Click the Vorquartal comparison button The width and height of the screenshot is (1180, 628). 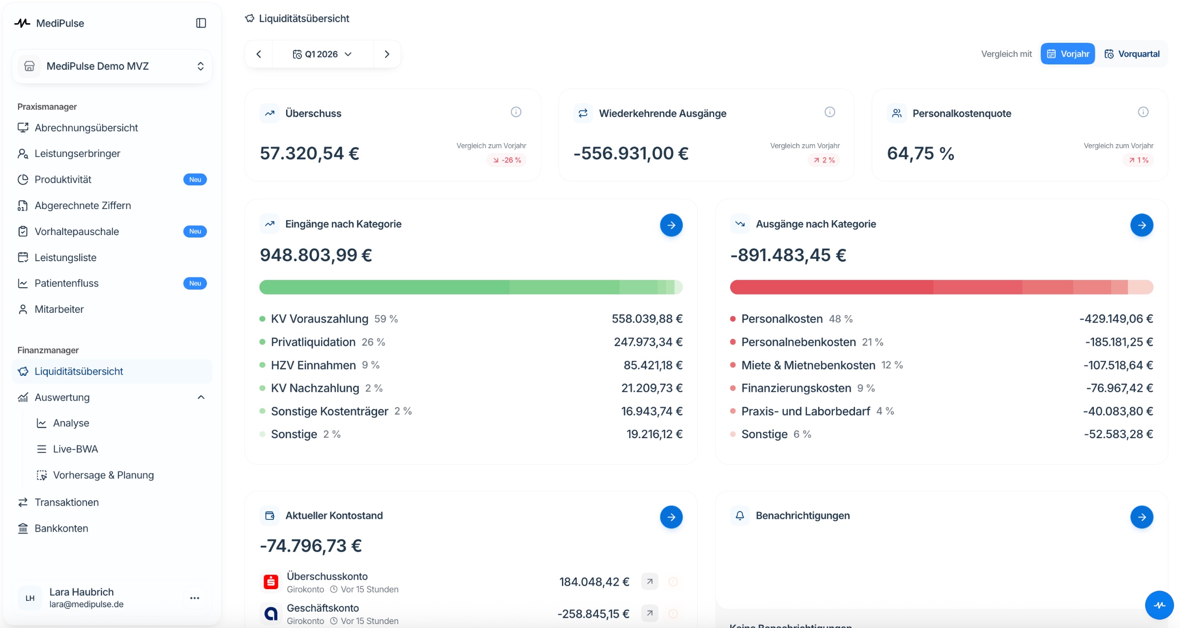pos(1132,54)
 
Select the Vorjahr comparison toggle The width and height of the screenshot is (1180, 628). pos(1067,54)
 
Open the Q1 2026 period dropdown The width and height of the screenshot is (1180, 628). pos(323,54)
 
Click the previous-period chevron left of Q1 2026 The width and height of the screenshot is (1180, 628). pos(259,54)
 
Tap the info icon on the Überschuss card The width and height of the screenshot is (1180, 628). pos(516,112)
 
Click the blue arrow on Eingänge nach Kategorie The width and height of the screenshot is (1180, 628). pos(671,225)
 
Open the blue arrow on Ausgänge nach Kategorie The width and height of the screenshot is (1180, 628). pos(1142,225)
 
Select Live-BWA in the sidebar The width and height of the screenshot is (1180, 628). pos(75,449)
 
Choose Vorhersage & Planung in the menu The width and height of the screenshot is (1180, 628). pos(103,475)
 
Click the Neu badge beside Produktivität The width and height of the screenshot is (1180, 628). pos(195,179)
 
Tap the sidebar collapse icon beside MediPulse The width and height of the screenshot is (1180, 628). pos(201,23)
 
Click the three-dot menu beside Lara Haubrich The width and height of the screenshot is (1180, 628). pos(195,598)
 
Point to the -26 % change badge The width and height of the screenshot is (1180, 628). pos(507,160)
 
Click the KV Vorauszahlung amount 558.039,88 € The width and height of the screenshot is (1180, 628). pos(647,319)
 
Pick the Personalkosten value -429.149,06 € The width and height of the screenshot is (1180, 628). pos(1116,319)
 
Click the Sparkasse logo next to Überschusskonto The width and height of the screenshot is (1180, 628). pos(270,582)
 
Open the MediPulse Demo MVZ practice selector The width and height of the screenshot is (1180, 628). pos(112,66)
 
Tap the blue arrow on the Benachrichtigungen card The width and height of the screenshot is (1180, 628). pos(1142,517)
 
